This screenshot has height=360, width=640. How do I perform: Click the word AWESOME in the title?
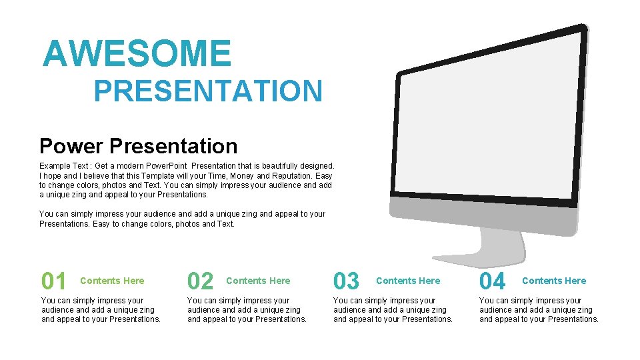pos(137,54)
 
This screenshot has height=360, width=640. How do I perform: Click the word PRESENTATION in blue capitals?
pos(208,91)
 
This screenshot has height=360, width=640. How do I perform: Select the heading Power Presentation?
pos(138,146)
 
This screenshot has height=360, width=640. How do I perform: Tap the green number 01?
pos(54,281)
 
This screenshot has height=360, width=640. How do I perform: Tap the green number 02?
pos(200,281)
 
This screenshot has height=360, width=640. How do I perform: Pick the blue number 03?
pos(346,281)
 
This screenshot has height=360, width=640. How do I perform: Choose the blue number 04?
pos(493,281)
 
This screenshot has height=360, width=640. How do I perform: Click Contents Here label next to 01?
pos(111,281)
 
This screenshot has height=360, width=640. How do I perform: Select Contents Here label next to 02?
pos(258,281)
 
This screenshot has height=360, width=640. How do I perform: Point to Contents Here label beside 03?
pos(408,281)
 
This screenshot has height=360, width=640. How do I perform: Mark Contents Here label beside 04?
pos(554,281)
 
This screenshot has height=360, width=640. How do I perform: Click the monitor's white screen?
pos(490,120)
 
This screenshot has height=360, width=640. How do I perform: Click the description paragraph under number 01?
pos(101,310)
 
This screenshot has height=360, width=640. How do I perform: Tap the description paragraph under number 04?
pos(539,310)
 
